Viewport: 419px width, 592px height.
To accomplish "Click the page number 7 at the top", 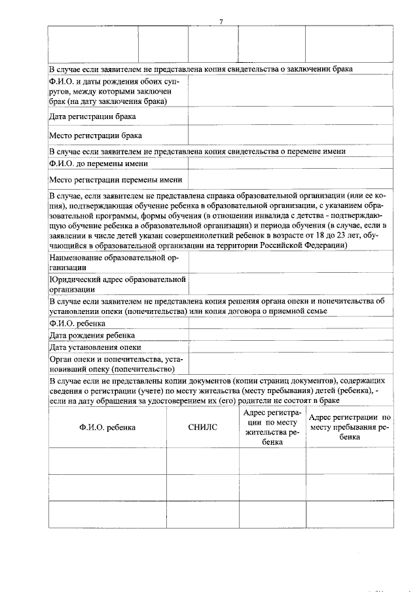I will pyautogui.click(x=221, y=22).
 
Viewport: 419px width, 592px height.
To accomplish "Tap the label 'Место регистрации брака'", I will pyautogui.click(x=95, y=136).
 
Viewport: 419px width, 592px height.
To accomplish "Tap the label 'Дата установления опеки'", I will pyautogui.click(x=95, y=347).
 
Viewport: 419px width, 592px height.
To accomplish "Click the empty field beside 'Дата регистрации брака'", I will pyautogui.click(x=291, y=116).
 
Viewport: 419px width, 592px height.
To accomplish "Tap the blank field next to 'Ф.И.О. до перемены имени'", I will pyautogui.click(x=291, y=163).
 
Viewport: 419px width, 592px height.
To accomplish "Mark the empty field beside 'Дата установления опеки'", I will pyautogui.click(x=291, y=347).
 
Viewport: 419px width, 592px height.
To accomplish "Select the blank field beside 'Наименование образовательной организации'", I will pyautogui.click(x=291, y=262).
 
